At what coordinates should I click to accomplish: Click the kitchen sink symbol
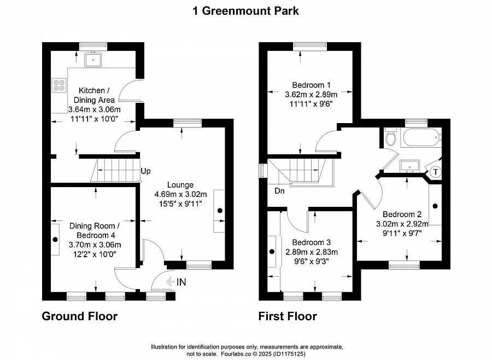(x=93, y=60)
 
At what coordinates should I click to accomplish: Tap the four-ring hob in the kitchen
(x=59, y=85)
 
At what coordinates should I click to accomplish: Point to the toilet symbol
(x=391, y=137)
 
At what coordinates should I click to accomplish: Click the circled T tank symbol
(x=436, y=172)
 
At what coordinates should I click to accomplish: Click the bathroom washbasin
(x=410, y=166)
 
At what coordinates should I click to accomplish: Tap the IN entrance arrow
(x=171, y=281)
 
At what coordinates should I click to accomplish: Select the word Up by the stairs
(x=145, y=171)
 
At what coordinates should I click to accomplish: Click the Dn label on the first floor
(x=279, y=191)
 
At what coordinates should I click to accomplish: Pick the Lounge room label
(x=180, y=185)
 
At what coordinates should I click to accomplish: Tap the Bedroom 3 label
(x=311, y=242)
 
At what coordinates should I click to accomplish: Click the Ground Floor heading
(x=80, y=316)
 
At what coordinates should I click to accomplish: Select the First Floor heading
(x=288, y=316)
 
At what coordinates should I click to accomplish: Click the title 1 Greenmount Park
(x=245, y=11)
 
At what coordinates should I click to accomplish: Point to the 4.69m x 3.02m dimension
(x=181, y=194)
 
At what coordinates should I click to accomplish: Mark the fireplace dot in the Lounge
(x=220, y=211)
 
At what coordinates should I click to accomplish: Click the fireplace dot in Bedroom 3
(x=272, y=252)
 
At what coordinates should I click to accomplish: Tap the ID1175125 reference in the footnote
(x=289, y=354)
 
